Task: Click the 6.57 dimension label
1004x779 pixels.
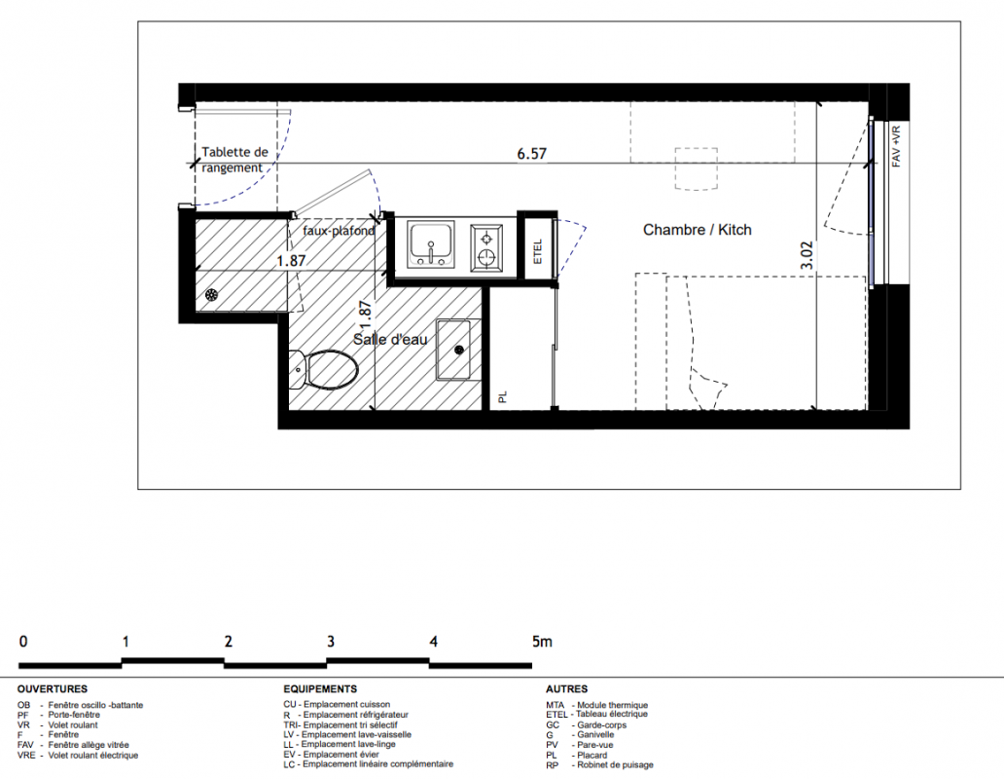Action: pos(531,154)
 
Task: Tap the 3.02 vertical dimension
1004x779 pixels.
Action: pos(807,255)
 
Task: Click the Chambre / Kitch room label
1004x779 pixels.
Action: pos(698,230)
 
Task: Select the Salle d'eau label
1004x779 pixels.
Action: pos(390,339)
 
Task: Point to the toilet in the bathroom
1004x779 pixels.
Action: pos(323,370)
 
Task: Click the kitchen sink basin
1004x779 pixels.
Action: pos(431,244)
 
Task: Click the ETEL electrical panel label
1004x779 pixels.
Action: pos(538,252)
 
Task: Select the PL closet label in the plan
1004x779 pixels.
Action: pos(503,398)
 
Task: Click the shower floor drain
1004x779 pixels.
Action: pos(212,295)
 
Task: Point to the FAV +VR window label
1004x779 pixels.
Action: pos(896,147)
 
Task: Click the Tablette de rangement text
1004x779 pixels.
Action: pos(234,160)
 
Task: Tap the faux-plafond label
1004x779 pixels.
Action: pos(339,231)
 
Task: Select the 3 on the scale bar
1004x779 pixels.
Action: pos(331,642)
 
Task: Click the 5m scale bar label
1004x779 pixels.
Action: pos(542,642)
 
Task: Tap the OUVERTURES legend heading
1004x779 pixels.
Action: pos(53,689)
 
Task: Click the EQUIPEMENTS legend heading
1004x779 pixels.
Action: pos(320,689)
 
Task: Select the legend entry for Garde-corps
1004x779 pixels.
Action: pos(587,725)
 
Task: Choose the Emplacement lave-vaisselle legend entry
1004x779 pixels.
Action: pos(347,735)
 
